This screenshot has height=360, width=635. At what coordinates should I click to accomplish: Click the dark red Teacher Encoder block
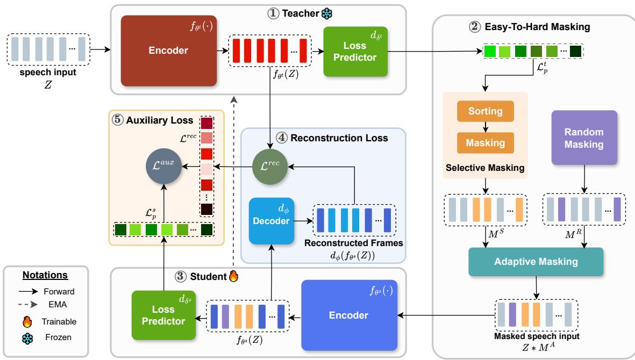tap(169, 51)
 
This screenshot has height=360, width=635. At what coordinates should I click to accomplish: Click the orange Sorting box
tap(486, 111)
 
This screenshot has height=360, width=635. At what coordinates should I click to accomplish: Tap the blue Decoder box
tap(271, 220)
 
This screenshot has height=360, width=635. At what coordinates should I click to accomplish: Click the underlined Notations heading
tap(46, 275)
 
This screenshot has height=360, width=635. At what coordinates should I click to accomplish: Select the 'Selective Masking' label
tap(486, 168)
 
